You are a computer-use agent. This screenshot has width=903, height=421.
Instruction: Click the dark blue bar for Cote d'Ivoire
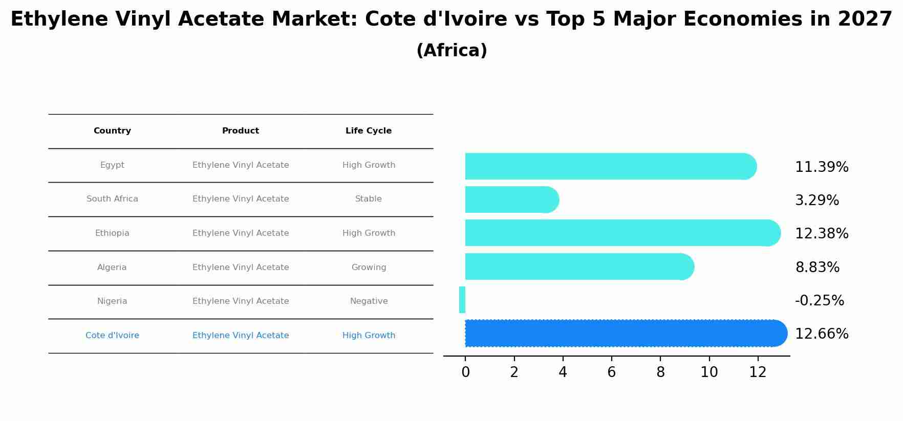click(x=625, y=334)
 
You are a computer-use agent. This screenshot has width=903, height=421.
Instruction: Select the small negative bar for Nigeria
click(x=462, y=300)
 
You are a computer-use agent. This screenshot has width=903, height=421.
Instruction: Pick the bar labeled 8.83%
click(x=578, y=267)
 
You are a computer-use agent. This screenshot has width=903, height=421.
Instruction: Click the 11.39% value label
click(x=822, y=167)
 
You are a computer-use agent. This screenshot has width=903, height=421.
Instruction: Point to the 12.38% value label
click(x=822, y=234)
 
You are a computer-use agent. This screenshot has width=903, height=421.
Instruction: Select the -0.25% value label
click(x=819, y=300)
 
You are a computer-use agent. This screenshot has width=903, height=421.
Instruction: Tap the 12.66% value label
click(x=822, y=334)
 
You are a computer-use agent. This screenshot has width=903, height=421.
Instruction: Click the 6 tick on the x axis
click(x=612, y=372)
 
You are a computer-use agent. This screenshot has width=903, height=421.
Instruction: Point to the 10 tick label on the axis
click(x=709, y=372)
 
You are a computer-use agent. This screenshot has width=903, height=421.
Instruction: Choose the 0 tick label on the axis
click(x=465, y=372)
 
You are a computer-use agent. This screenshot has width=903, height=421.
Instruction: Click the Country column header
click(x=112, y=131)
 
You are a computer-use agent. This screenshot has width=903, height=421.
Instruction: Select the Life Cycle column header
click(x=369, y=131)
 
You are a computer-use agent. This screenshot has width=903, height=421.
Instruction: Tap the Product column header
click(x=241, y=131)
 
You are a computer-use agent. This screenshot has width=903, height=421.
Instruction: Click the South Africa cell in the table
click(x=112, y=199)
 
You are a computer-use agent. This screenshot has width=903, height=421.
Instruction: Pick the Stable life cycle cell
click(x=369, y=199)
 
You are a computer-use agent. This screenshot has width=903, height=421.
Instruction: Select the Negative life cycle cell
click(x=369, y=301)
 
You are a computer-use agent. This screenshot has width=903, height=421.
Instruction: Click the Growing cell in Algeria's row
click(x=369, y=268)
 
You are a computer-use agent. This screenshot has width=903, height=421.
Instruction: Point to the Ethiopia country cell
click(x=112, y=233)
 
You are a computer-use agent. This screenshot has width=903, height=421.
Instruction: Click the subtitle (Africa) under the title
click(x=451, y=51)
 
